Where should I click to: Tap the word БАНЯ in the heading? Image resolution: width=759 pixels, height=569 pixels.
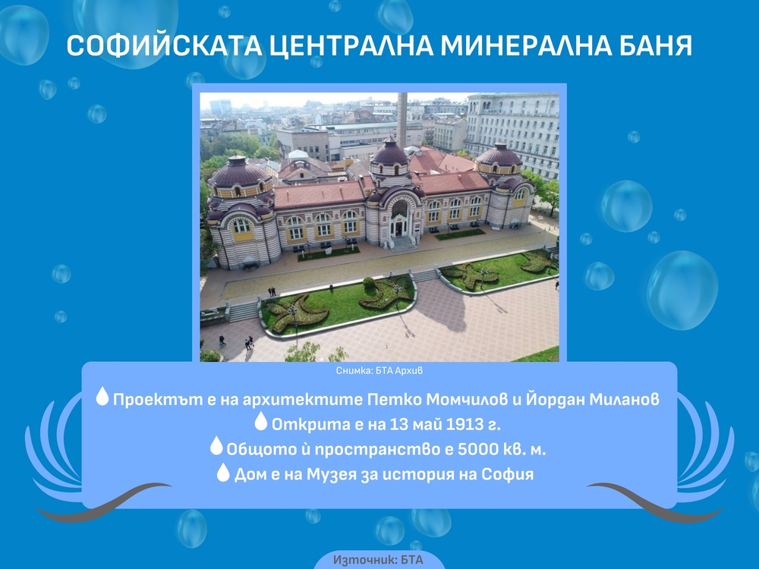(x=654, y=46)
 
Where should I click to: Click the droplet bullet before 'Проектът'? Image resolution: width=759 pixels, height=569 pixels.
(x=102, y=397)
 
